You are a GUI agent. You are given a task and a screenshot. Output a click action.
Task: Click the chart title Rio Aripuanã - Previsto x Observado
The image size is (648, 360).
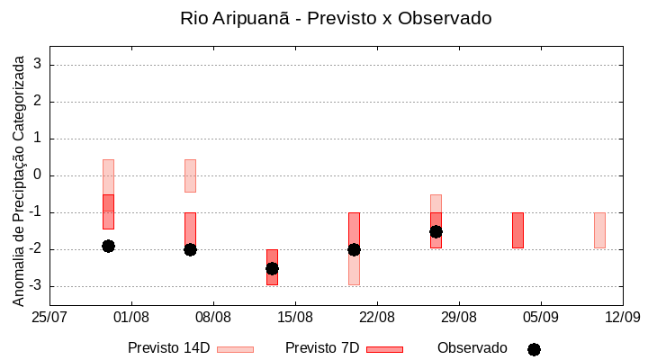tap(336, 18)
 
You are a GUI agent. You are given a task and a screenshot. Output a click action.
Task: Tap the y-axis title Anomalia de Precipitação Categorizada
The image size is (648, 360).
tap(18, 178)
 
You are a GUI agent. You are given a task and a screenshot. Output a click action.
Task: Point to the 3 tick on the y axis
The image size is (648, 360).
tap(39, 65)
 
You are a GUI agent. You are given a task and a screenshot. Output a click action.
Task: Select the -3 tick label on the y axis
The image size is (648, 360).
tap(36, 286)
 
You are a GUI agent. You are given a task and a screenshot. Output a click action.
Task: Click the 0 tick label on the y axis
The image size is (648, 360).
tap(39, 175)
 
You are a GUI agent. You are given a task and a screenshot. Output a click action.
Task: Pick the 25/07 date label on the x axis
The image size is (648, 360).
tap(49, 317)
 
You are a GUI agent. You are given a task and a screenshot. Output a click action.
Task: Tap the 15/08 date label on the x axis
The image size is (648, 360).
tap(294, 317)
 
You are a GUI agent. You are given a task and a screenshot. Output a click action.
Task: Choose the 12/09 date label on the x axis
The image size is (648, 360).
tap(621, 317)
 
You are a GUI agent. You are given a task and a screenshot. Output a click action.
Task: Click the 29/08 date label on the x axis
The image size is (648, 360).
tap(458, 317)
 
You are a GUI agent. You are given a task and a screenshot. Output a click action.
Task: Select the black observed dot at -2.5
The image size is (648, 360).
tap(272, 268)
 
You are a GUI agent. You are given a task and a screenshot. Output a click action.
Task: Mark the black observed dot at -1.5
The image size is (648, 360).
tap(436, 231)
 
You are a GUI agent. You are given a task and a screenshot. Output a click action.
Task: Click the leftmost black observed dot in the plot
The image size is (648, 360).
tap(108, 246)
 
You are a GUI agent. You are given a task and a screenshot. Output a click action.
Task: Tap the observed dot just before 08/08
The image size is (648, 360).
tap(190, 249)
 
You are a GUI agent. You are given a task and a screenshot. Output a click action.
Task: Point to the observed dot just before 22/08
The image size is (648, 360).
tap(354, 249)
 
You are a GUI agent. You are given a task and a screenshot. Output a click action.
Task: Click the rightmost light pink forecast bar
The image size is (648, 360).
tap(599, 229)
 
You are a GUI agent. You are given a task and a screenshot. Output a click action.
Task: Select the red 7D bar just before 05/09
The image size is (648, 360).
tap(517, 229)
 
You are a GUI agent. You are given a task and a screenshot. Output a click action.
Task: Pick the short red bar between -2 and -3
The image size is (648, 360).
tap(272, 267)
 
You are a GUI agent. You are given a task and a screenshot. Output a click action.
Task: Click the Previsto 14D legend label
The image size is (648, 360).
tap(168, 348)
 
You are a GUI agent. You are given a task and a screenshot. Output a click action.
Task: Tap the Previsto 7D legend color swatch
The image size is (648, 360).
tap(384, 349)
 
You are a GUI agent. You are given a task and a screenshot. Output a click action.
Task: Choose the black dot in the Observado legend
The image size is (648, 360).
tap(534, 349)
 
